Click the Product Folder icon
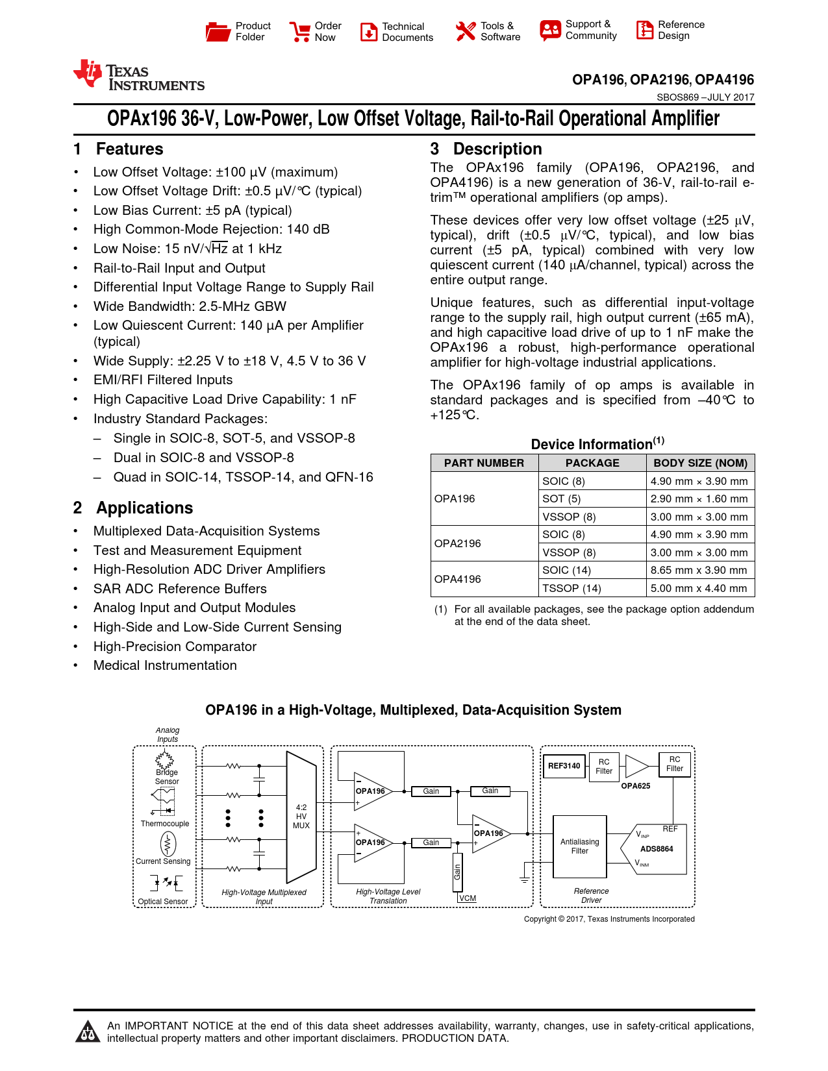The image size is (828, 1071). [x=218, y=31]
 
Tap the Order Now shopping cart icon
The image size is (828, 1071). [x=299, y=31]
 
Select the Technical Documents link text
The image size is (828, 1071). [x=407, y=32]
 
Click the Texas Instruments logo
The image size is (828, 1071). [x=139, y=76]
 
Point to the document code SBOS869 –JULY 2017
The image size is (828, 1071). [x=705, y=97]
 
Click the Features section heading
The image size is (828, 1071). [x=129, y=149]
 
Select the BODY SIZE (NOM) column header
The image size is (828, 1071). [x=700, y=463]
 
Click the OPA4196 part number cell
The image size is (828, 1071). [x=458, y=579]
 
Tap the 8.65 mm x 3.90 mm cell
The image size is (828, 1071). [x=699, y=570]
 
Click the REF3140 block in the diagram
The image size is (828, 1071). [x=564, y=766]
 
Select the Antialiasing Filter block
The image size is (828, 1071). [x=580, y=846]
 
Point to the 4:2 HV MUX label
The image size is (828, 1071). [x=301, y=817]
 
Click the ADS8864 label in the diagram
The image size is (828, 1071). [x=657, y=849]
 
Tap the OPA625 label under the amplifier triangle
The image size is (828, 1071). [x=635, y=786]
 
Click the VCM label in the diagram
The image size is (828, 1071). [x=468, y=898]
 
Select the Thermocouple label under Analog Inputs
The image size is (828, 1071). [x=165, y=824]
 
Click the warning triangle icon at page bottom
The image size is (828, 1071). [x=87, y=1031]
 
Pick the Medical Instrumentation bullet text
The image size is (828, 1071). [x=165, y=665]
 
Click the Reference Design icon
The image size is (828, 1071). [x=645, y=30]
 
